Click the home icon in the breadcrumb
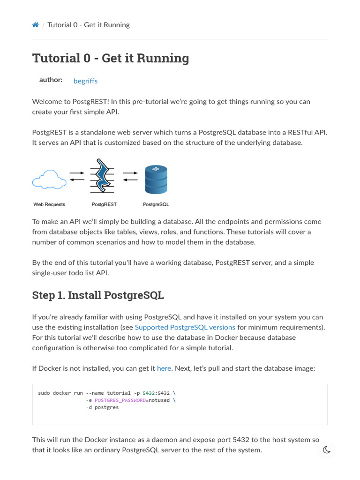coord(35,25)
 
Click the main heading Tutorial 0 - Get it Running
coord(111,58)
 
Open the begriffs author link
coord(85,81)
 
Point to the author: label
coord(51,80)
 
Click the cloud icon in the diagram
coord(49,179)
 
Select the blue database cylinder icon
coord(156,180)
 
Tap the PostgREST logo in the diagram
coord(103,176)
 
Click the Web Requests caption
coord(49,204)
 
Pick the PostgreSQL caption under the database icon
coord(156,204)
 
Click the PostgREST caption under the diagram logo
coord(104,204)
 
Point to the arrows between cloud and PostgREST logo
coord(77,176)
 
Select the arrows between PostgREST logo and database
coord(130,176)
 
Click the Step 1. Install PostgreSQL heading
coord(97,295)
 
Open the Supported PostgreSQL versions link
coord(185,327)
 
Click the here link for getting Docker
coord(164,368)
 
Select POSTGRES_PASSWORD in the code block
coord(120,400)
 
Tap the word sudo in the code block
coord(44,393)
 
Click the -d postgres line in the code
coord(102,408)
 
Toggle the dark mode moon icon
coord(327,450)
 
